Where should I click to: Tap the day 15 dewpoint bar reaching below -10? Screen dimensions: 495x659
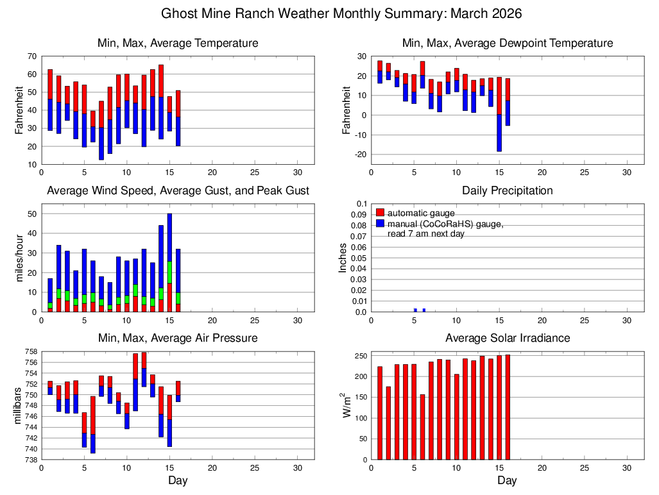pyautogui.click(x=499, y=131)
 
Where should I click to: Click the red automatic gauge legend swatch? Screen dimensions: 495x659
pyautogui.click(x=380, y=212)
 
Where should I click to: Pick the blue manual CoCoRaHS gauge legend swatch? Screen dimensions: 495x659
pyautogui.click(x=380, y=223)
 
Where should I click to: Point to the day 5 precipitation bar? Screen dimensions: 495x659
pyautogui.click(x=416, y=310)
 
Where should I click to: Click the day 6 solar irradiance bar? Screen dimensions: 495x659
pyautogui.click(x=422, y=427)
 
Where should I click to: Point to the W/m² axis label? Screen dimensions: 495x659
pyautogui.click(x=347, y=406)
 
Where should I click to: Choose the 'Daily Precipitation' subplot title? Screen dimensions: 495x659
pyautogui.click(x=507, y=190)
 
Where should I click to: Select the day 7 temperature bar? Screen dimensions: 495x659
pyautogui.click(x=101, y=130)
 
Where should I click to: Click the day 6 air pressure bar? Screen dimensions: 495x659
pyautogui.click(x=93, y=424)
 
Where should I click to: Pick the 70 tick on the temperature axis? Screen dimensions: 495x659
pyautogui.click(x=31, y=56)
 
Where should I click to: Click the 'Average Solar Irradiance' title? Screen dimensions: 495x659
pyautogui.click(x=507, y=338)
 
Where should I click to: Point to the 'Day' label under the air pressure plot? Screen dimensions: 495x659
pyautogui.click(x=178, y=480)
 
